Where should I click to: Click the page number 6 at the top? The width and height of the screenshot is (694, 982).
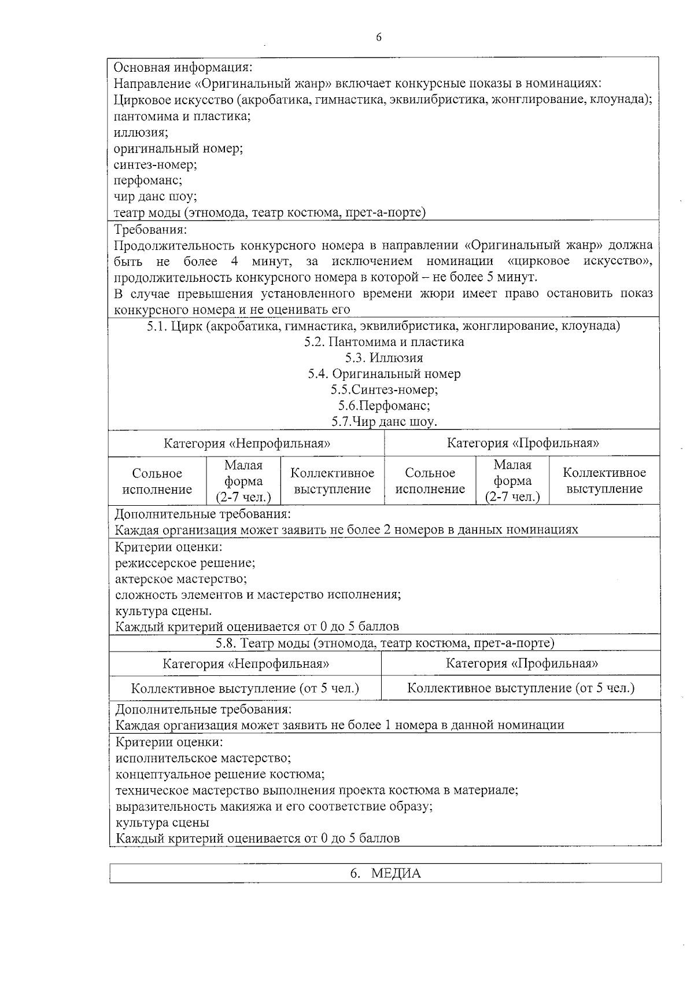click(x=379, y=38)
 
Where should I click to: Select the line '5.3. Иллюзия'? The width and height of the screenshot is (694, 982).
click(x=384, y=358)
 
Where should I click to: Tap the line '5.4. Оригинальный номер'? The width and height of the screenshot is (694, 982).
click(x=384, y=374)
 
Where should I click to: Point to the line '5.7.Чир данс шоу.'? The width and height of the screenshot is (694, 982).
click(x=384, y=422)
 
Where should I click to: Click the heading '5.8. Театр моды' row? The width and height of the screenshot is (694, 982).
click(x=385, y=643)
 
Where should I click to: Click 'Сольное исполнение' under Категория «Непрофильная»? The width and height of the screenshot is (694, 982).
click(x=157, y=481)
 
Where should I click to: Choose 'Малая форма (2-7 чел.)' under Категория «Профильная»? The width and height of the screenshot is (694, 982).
click(x=512, y=481)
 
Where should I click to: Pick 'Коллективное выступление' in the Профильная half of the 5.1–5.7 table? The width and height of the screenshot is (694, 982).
click(x=604, y=481)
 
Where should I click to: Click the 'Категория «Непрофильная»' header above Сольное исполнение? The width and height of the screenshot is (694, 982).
click(x=247, y=444)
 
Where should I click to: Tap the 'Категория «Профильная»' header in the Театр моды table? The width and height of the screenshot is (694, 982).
click(x=522, y=663)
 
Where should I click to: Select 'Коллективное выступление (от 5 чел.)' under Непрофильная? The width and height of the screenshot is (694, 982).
click(x=245, y=689)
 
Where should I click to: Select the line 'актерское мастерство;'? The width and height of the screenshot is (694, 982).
click(x=181, y=579)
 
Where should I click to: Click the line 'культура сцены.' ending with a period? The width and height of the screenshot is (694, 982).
click(x=163, y=611)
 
